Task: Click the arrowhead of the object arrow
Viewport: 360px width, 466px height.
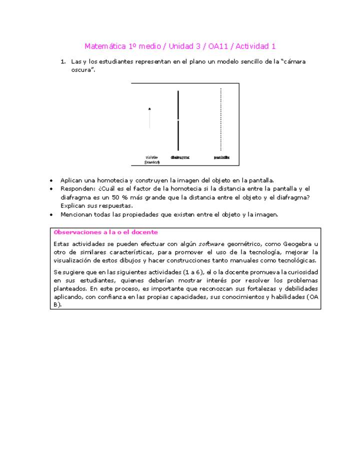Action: pos(149,108)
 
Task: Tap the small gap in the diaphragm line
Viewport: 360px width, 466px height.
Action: pos(178,120)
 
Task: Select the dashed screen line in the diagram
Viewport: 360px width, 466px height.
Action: pos(221,120)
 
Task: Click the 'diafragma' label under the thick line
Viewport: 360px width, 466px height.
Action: pos(180,157)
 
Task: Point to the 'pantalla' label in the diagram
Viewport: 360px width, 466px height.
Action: pos(221,157)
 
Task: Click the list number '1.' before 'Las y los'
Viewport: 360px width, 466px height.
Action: pos(63,61)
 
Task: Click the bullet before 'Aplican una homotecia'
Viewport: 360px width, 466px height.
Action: pos(53,180)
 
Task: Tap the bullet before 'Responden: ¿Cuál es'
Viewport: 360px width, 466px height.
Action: pos(53,189)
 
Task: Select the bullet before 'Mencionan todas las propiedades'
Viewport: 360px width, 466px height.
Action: pos(53,214)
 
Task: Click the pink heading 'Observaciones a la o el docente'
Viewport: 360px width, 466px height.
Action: pos(105,232)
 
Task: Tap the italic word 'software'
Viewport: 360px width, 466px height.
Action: pos(212,243)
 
